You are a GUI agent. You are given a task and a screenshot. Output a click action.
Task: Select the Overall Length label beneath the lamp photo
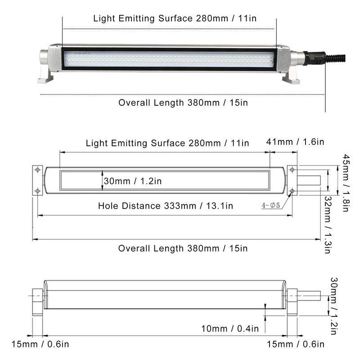[183, 102]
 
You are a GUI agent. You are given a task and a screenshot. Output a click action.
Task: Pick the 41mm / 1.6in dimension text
[295, 142]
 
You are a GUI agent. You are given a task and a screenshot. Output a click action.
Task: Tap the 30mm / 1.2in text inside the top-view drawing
[132, 181]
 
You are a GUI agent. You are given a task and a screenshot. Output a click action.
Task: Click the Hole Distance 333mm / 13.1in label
[166, 206]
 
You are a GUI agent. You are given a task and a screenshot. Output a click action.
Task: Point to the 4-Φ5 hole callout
[271, 206]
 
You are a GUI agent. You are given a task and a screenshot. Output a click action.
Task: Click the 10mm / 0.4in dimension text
[229, 328]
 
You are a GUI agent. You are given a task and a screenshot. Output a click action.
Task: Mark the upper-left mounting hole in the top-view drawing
[38, 170]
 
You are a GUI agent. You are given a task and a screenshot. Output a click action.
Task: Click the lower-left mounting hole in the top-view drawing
[38, 191]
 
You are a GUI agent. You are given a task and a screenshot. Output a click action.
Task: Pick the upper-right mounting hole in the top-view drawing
[292, 170]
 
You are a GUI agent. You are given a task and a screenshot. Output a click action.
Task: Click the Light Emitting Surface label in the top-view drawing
[167, 143]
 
